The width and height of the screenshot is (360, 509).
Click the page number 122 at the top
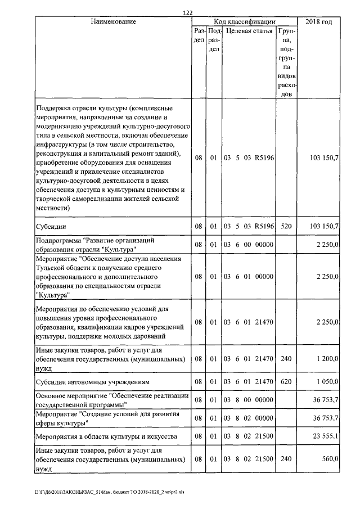188,12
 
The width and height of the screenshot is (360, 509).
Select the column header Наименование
113,21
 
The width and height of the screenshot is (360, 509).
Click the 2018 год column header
318,21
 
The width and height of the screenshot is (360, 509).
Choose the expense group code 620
286,381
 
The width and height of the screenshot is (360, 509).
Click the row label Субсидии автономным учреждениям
92,381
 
